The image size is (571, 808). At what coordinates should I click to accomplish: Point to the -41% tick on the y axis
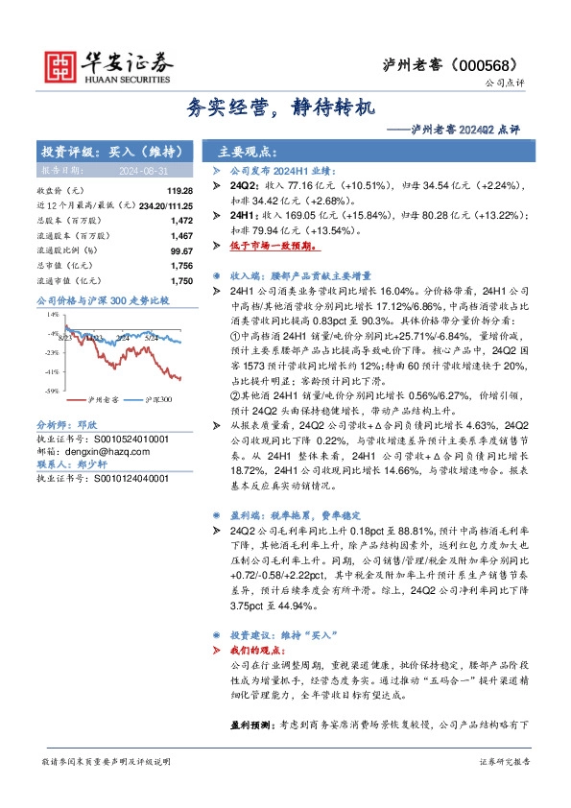pyautogui.click(x=51, y=370)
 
